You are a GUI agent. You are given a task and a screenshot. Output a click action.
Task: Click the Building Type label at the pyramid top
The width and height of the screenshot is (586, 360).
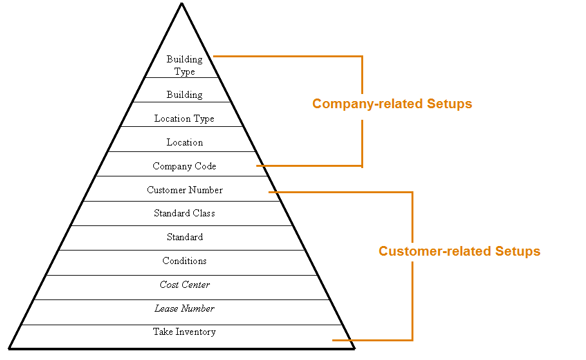[x=184, y=65]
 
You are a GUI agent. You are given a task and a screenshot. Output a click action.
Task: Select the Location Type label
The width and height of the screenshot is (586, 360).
[x=184, y=118]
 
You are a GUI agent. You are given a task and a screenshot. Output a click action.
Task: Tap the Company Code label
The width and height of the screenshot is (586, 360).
[x=184, y=166]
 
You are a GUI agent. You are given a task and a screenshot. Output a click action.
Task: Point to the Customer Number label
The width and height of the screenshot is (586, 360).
[x=184, y=190]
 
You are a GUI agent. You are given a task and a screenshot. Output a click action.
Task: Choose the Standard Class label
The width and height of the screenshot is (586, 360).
[x=184, y=213]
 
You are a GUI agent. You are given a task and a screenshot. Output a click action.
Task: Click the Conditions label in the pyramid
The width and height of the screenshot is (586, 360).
[x=184, y=261]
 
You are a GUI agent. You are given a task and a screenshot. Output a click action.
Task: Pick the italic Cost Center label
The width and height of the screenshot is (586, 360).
[x=184, y=285]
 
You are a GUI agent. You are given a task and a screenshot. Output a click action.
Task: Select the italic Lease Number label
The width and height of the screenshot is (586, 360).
[x=184, y=308]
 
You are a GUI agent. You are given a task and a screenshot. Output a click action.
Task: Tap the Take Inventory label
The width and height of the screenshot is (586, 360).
[x=184, y=332]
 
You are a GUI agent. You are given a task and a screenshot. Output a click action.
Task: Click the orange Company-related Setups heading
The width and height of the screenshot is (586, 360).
[x=392, y=104]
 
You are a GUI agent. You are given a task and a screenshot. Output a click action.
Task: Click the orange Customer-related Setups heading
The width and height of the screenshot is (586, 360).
[x=459, y=251]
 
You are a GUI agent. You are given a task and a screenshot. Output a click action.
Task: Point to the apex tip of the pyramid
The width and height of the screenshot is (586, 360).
[x=182, y=4]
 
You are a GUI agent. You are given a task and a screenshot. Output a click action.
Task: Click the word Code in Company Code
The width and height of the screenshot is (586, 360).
[x=204, y=166]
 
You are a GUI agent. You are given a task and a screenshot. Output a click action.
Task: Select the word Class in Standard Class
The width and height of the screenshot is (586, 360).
[x=203, y=213]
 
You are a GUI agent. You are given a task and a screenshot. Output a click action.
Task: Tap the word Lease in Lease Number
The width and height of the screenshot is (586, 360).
[x=166, y=308]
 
